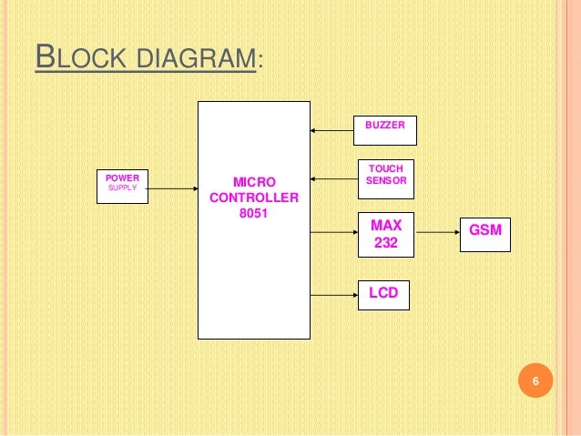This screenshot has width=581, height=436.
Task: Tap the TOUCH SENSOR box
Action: (x=385, y=178)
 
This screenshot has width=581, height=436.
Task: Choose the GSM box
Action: (x=485, y=232)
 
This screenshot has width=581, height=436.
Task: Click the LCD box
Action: (x=383, y=294)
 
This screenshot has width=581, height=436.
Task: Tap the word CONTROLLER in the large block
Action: (x=253, y=198)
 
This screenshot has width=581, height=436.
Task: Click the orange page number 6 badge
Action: (x=535, y=381)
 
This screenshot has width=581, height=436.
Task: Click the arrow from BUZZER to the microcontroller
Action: (x=332, y=130)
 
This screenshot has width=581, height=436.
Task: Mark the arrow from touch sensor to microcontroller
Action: (x=332, y=178)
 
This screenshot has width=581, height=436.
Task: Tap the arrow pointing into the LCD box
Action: (x=334, y=294)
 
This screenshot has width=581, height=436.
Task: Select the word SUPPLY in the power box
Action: (x=122, y=188)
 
